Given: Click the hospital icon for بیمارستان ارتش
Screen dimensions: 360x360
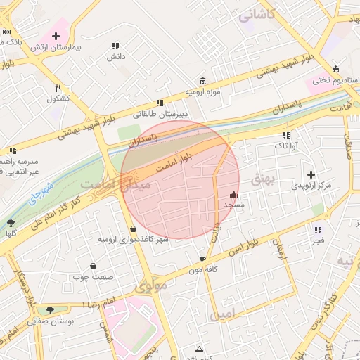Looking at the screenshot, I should click(56, 35).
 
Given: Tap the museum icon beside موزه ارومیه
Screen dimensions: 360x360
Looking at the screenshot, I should click(203, 80).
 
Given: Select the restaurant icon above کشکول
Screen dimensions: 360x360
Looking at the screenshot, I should click(58, 88).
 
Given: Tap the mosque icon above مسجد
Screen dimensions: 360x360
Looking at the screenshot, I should click(233, 195).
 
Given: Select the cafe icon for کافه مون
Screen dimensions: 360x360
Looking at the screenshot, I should click(203, 259).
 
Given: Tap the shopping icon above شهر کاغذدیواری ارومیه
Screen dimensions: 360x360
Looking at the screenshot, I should click(134, 229).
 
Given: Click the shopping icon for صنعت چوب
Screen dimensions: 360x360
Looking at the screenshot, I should click(94, 266).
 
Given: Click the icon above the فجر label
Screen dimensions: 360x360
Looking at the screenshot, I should click(318, 230).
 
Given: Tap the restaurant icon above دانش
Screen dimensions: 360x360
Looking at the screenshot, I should click(115, 46).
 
